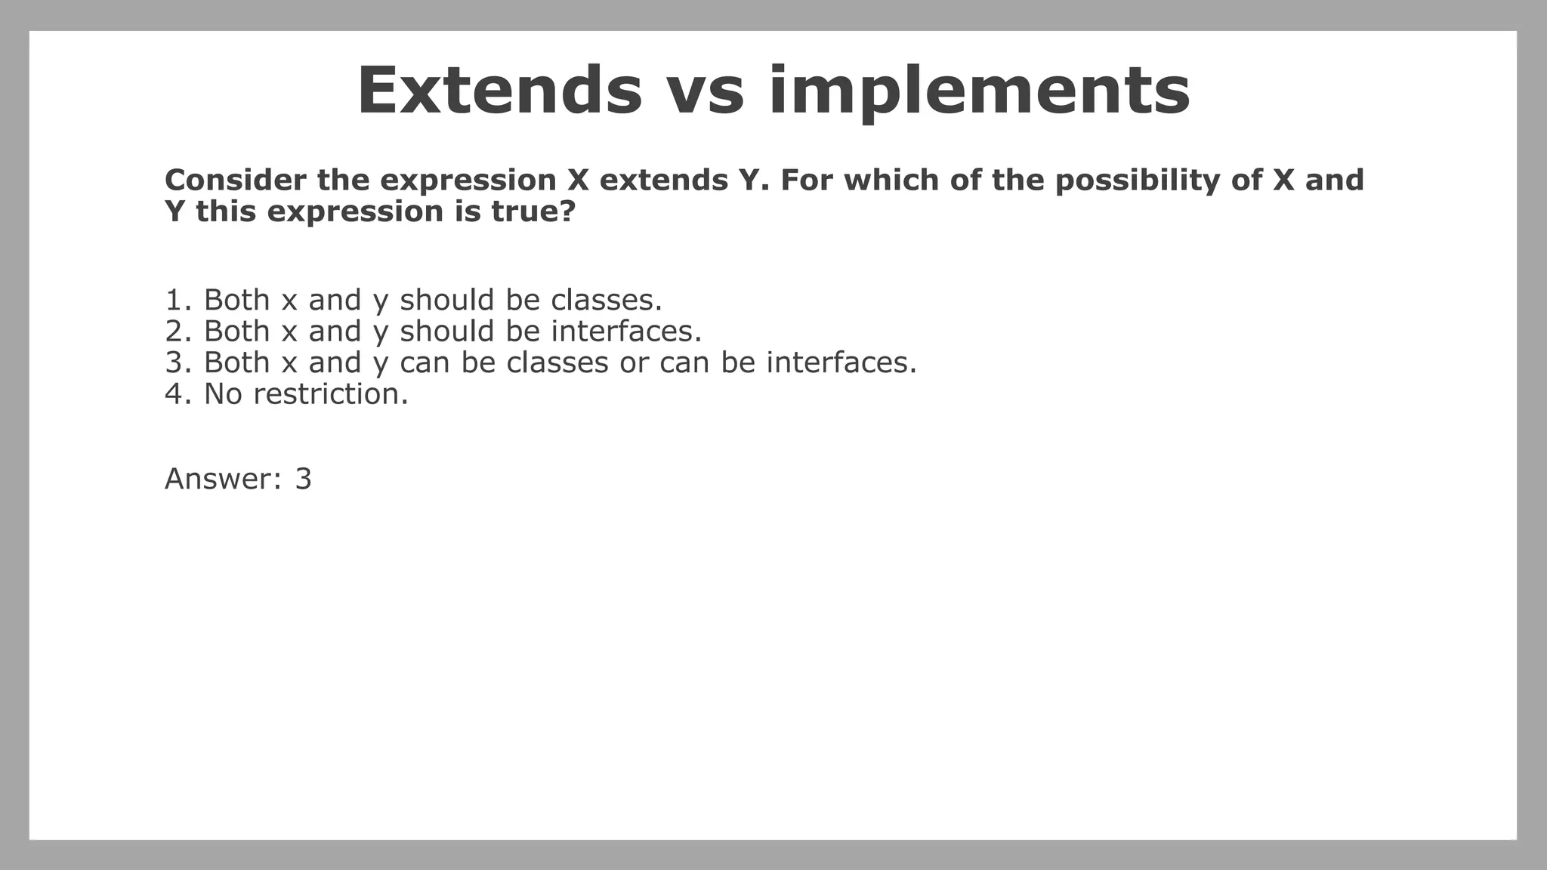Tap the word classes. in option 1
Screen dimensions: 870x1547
click(x=607, y=300)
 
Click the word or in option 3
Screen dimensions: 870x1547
click(x=633, y=362)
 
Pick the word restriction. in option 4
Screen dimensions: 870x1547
click(x=331, y=393)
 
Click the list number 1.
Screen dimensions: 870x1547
click(x=174, y=300)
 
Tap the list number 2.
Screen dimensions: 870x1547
click(x=174, y=331)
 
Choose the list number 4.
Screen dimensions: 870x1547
click(x=174, y=393)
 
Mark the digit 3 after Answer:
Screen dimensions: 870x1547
click(x=303, y=479)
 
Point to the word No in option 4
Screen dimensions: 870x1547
click(x=223, y=393)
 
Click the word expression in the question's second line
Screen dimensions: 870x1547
click(x=355, y=211)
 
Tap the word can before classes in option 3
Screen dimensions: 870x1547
click(x=425, y=362)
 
